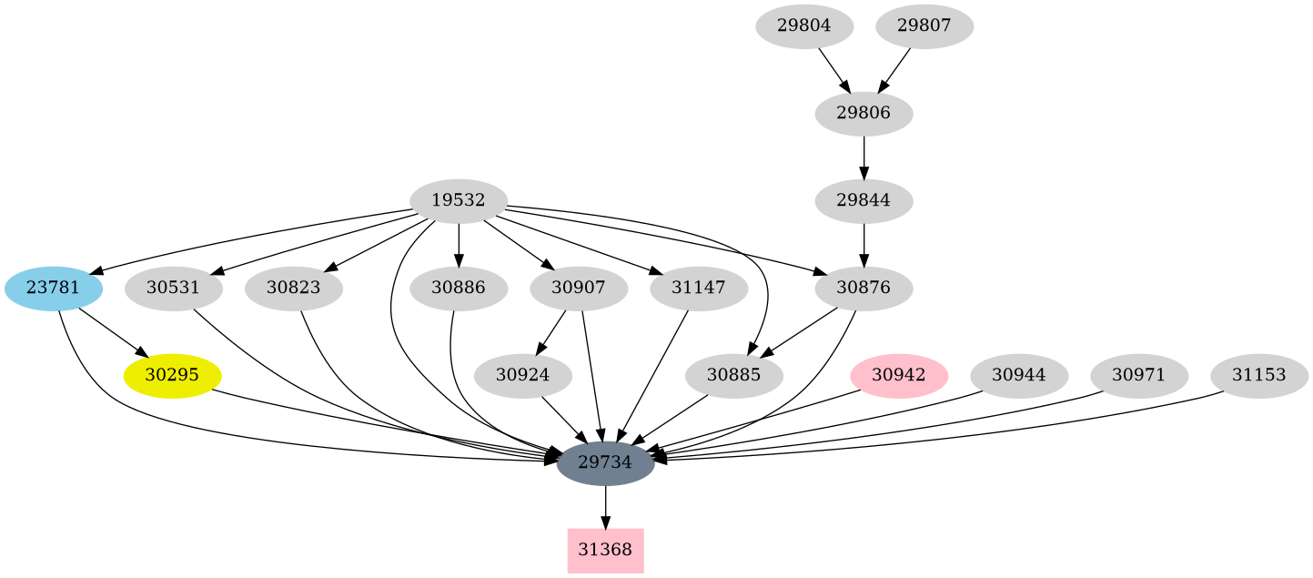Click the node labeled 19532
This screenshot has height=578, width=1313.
pos(459,200)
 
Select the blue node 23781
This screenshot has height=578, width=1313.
pos(53,289)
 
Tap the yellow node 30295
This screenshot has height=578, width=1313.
pos(172,375)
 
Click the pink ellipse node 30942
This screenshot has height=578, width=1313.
pos(899,375)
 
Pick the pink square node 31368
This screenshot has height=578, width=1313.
pos(605,550)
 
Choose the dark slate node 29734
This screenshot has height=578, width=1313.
pos(605,462)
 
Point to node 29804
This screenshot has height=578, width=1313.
pos(803,26)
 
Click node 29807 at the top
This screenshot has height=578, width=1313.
pos(924,26)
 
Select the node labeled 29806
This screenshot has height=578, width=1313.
pos(864,114)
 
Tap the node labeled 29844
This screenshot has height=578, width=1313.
pos(864,200)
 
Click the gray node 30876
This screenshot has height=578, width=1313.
pos(864,289)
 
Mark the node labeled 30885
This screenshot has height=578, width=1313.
pos(733,375)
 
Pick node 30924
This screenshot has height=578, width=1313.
pos(522,375)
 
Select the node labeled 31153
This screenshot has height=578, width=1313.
pos(1258,375)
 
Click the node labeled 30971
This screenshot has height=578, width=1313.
pos(1138,375)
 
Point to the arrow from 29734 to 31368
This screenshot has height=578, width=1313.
pos(605,506)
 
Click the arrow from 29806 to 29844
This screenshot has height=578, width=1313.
pos(864,157)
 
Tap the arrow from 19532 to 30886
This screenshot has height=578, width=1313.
pos(459,244)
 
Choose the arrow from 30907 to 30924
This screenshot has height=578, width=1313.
pos(552,331)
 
